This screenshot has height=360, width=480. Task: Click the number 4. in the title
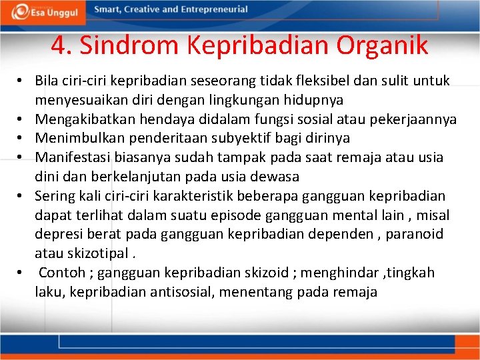click(x=61, y=45)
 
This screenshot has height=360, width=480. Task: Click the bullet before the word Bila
click(x=22, y=81)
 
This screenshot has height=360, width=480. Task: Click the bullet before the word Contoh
click(x=22, y=273)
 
